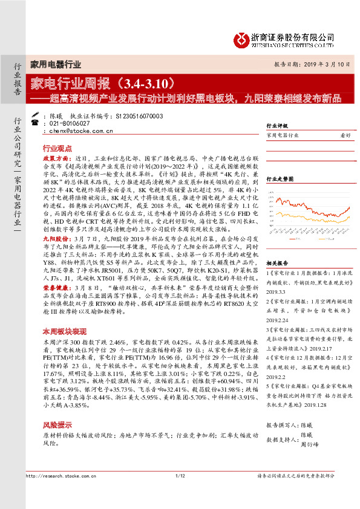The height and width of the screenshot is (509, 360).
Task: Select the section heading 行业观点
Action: pyautogui.click(x=57, y=148)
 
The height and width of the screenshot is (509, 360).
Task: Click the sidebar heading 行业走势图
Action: pyautogui.click(x=280, y=179)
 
